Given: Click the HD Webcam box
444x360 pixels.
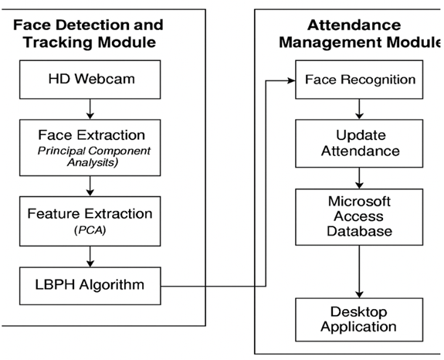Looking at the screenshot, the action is [90, 80].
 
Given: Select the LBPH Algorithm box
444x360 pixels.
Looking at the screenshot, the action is [90, 286].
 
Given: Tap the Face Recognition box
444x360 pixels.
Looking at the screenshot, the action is [359, 80].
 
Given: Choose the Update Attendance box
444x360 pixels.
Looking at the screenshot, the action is [359, 144].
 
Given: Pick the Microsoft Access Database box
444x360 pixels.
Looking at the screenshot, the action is [359, 217].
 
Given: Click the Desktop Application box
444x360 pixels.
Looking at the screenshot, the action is [359, 320].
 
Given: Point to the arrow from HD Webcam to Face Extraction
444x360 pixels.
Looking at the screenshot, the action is [90, 109].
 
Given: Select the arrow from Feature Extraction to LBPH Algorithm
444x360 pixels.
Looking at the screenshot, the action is [90, 256].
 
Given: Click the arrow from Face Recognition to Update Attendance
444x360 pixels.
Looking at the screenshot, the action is [359, 109].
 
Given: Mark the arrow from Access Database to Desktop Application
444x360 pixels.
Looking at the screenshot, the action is [359, 272].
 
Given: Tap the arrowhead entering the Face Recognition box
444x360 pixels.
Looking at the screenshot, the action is [291, 80].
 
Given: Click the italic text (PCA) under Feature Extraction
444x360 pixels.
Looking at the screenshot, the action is [90, 230].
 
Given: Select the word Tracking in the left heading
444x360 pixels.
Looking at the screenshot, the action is [57, 42].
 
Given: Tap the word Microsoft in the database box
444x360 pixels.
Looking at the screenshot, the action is [359, 202].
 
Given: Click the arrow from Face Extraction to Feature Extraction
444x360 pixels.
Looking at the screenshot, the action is [90, 186].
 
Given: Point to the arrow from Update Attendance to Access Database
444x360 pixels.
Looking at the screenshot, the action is [359, 178].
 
